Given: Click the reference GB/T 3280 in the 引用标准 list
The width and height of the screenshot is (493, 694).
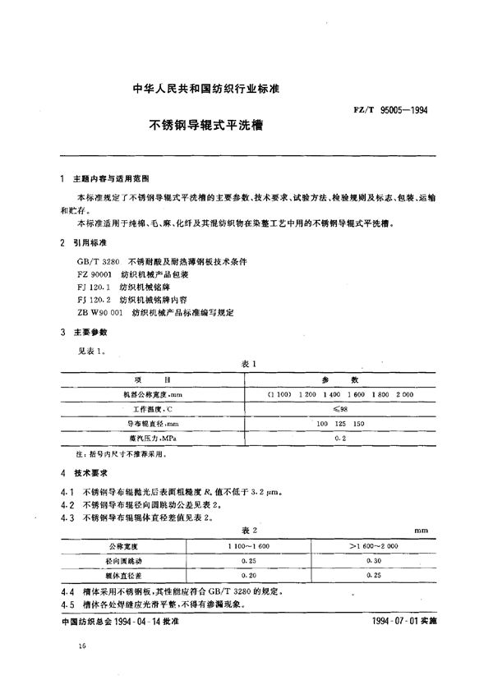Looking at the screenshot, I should (x=89, y=260).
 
